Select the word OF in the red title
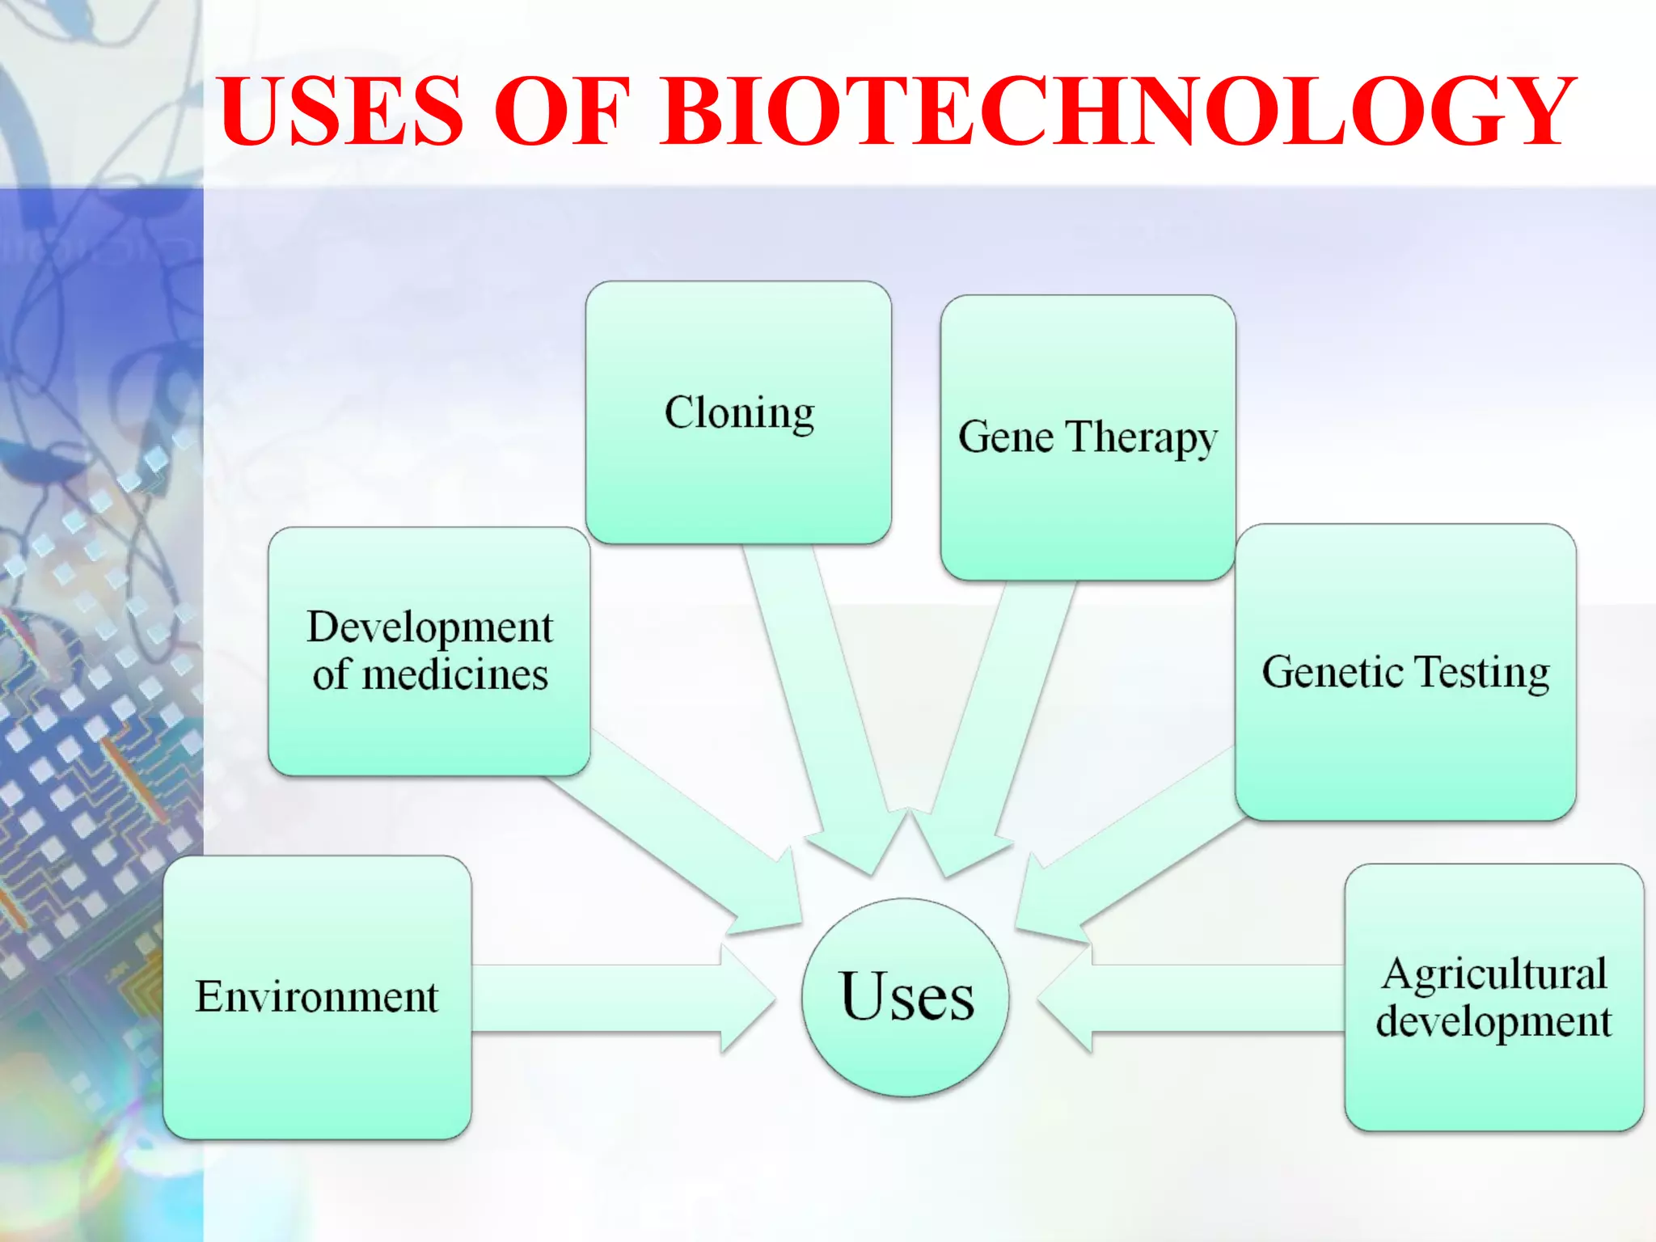[x=561, y=111]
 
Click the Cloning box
[x=738, y=412]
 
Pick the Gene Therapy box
[x=1088, y=437]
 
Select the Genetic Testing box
[x=1405, y=672]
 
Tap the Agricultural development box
[x=1493, y=997]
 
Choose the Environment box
[x=317, y=997]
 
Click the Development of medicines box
[x=429, y=651]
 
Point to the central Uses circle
[x=906, y=997]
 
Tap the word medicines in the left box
[x=455, y=674]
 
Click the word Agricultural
[x=1494, y=974]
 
